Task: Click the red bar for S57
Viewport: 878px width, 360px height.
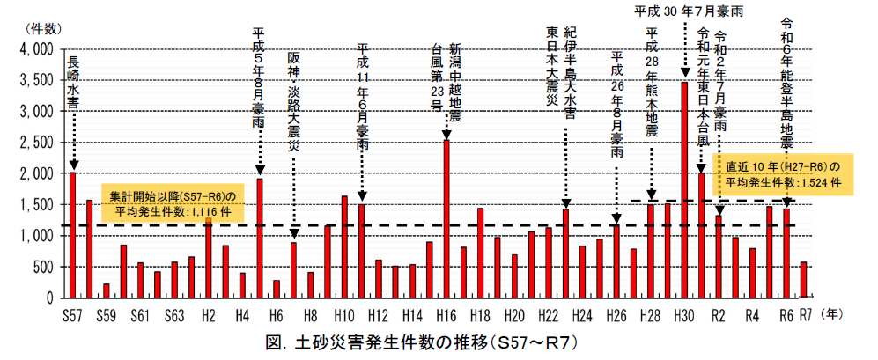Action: pos(72,235)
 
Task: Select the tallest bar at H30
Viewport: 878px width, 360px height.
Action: pos(684,189)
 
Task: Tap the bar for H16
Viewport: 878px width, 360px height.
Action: pos(447,218)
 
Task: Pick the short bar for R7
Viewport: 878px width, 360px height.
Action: pos(803,280)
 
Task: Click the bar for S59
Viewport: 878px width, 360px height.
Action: pos(106,290)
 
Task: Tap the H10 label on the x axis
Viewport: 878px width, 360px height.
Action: pos(344,314)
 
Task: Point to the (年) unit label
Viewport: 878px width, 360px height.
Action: pos(832,313)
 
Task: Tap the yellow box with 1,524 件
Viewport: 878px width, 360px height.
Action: pos(783,173)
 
